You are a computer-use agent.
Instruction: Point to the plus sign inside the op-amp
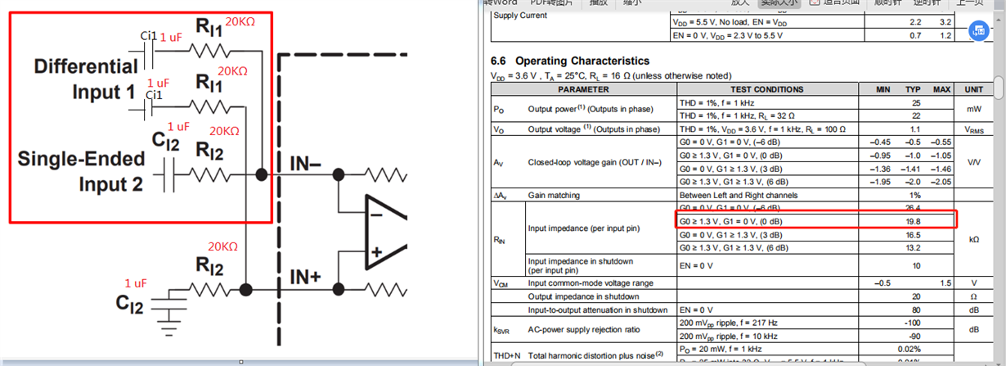coord(375,252)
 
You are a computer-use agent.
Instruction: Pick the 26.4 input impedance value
coord(914,208)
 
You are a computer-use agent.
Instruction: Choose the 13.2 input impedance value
coord(914,247)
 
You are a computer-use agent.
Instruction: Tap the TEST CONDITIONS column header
coord(766,89)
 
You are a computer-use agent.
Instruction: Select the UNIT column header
coord(974,89)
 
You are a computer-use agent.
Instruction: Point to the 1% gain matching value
coord(914,195)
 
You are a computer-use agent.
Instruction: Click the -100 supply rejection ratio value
coord(914,324)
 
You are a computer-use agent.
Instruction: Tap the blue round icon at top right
coord(979,32)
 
